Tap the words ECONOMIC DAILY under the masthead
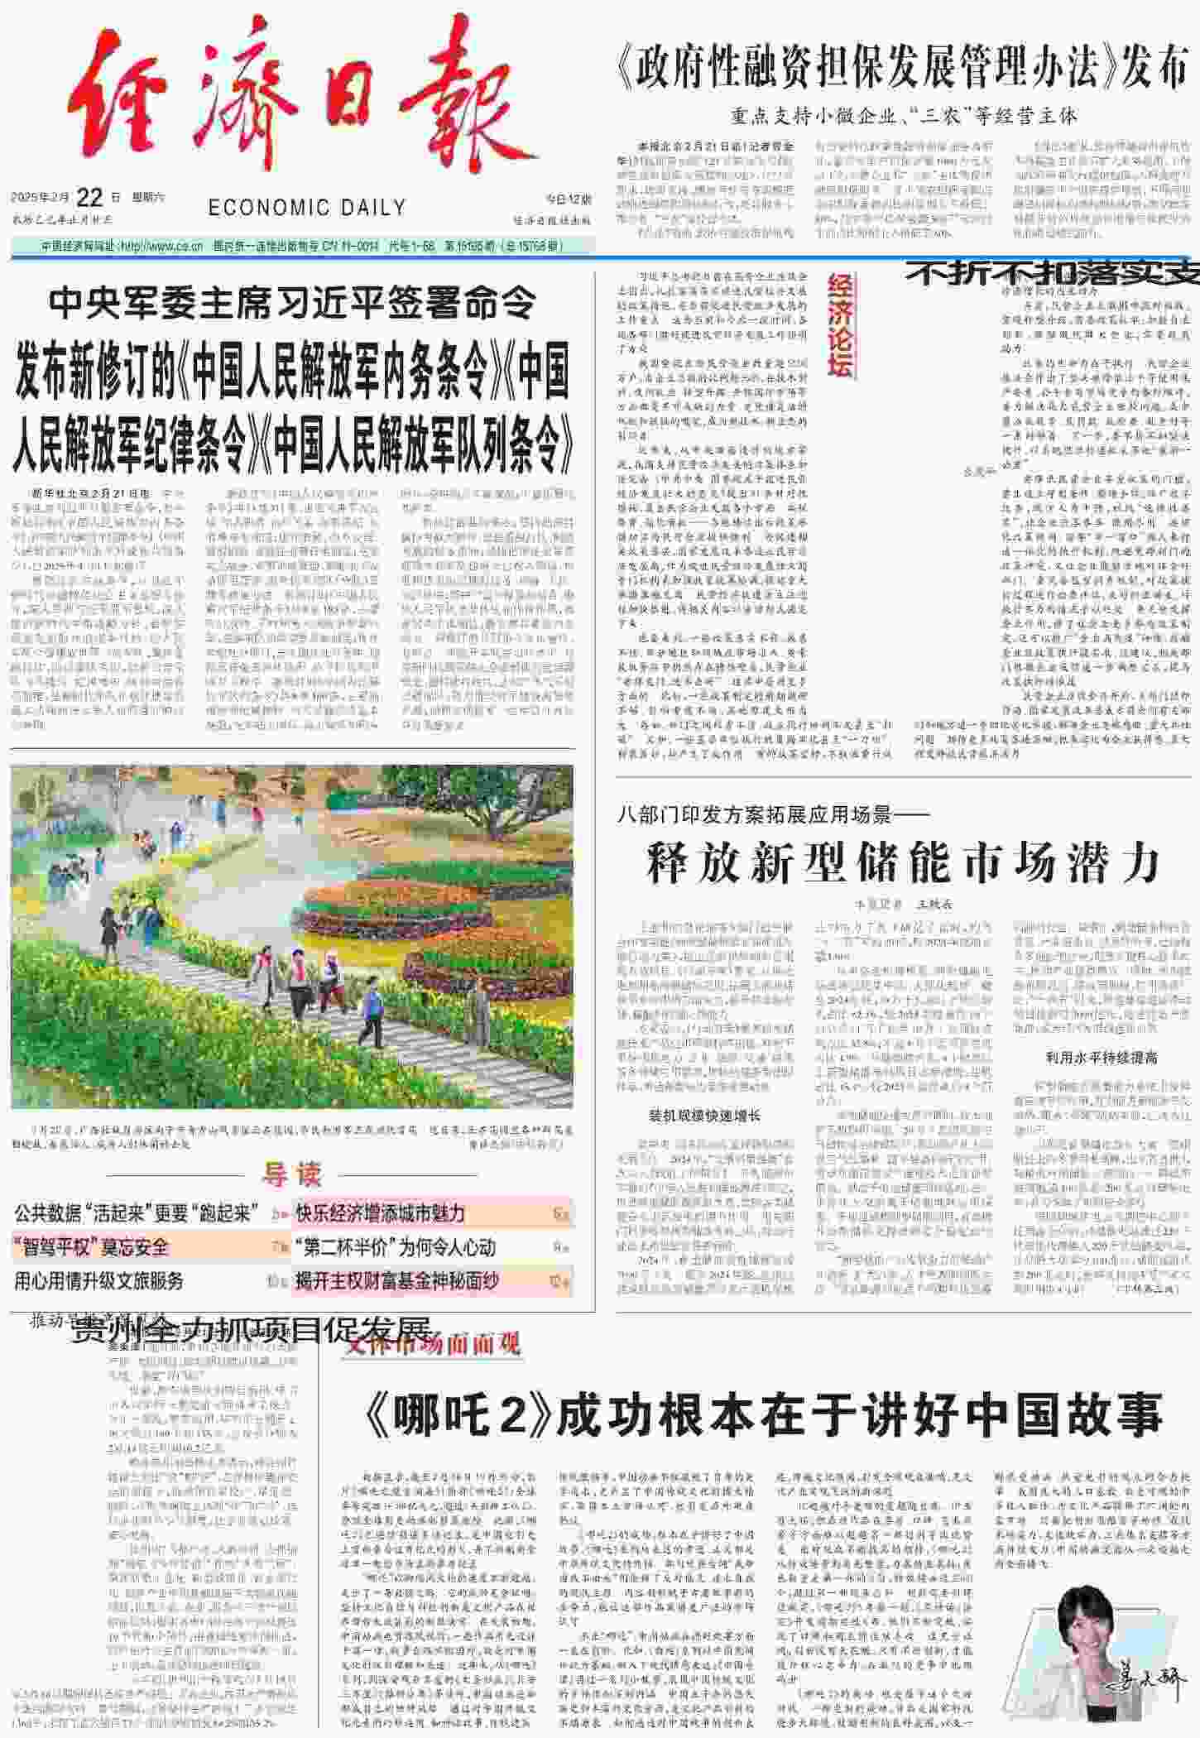[307, 208]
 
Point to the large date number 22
[89, 198]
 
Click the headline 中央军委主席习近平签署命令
[292, 304]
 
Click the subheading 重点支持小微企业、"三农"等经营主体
[904, 117]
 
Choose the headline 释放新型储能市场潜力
[903, 863]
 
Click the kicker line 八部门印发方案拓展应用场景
[773, 815]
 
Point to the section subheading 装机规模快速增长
[704, 1116]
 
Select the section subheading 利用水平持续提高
[1102, 1058]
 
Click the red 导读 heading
[291, 1174]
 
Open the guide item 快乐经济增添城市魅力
[381, 1214]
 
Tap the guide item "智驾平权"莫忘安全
[92, 1247]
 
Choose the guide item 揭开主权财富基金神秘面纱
[397, 1281]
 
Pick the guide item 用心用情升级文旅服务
[99, 1281]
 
